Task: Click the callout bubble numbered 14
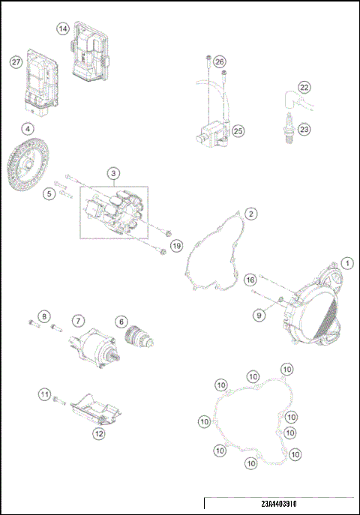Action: pos(63,28)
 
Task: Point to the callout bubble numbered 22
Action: pos(304,87)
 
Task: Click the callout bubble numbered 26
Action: pos(219,61)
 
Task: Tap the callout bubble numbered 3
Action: pos(113,173)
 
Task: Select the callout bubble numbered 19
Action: pos(176,245)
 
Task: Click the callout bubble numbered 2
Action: pos(252,214)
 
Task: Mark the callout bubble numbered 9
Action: pos(259,316)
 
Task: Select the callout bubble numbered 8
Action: pos(44,316)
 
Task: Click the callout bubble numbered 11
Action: pos(45,393)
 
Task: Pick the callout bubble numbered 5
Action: pos(49,194)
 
